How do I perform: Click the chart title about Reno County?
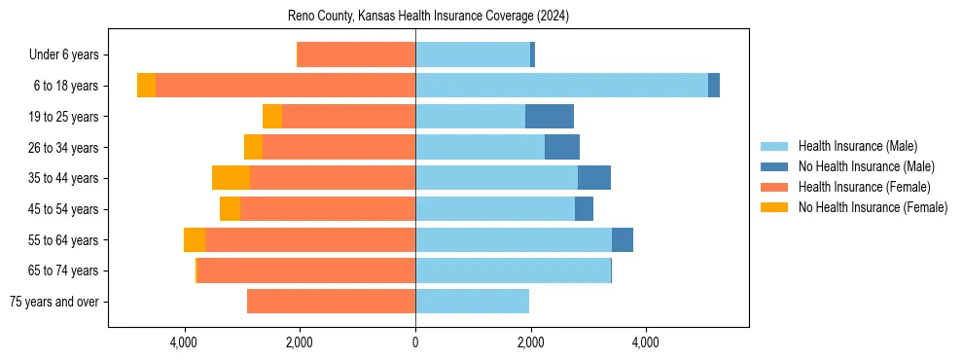point(428,17)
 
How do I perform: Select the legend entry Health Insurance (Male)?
point(857,146)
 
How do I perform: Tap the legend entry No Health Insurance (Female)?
point(872,207)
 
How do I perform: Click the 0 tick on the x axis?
point(415,342)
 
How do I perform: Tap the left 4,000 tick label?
point(184,342)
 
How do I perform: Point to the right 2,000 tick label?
point(530,342)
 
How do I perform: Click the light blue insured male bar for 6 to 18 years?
point(561,86)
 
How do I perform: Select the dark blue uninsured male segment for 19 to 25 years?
point(550,117)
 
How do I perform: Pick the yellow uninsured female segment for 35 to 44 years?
point(231,178)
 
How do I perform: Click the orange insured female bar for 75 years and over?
point(331,302)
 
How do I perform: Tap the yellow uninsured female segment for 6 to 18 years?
point(146,86)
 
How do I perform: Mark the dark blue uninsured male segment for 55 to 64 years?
point(623,239)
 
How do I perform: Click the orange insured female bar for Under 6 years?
point(356,55)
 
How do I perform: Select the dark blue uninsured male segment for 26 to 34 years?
point(562,147)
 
